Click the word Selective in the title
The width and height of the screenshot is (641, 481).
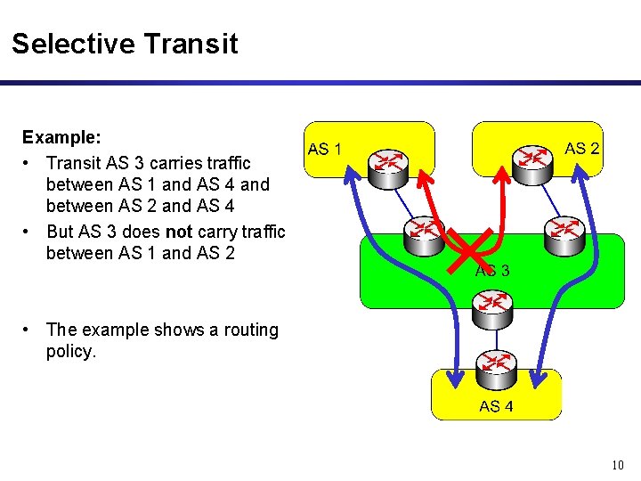click(72, 44)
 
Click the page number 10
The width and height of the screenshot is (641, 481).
click(619, 465)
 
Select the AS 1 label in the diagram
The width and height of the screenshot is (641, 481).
click(324, 150)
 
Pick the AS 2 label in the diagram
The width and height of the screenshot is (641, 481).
click(582, 149)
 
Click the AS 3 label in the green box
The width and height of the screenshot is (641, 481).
click(492, 271)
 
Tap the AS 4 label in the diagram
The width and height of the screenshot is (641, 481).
click(496, 406)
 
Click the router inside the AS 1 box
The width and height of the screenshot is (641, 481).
click(388, 163)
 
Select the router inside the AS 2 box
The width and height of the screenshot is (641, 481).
click(532, 159)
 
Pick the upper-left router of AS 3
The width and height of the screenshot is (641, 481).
click(422, 232)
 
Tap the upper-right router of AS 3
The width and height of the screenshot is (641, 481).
click(563, 232)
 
